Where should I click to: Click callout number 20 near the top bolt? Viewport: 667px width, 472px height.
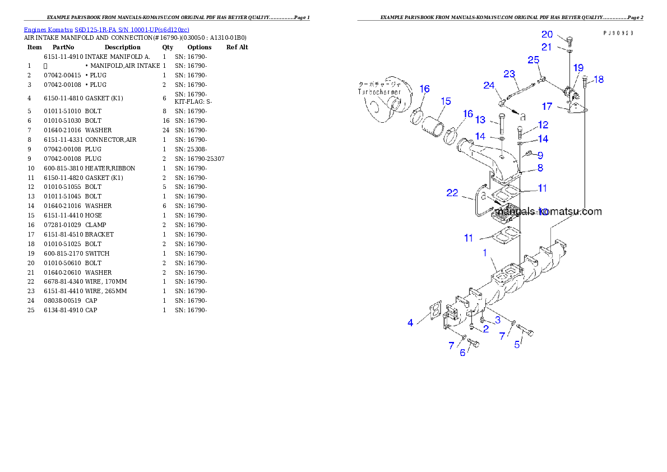tap(547, 35)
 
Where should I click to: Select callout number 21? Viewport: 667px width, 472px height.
tap(546, 47)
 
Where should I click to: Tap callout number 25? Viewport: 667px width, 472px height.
tap(534, 59)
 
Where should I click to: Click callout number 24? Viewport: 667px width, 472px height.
tap(489, 85)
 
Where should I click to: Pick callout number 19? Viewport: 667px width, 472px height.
tap(578, 68)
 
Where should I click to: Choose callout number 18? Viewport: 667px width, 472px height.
tap(599, 80)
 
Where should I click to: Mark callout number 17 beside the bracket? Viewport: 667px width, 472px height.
tap(547, 106)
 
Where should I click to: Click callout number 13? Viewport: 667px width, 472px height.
tap(480, 120)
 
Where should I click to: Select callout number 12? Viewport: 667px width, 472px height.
tap(543, 125)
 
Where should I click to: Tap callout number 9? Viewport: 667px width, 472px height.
tap(540, 155)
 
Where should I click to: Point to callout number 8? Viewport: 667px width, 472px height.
tap(540, 168)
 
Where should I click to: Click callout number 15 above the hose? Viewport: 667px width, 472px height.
tap(446, 101)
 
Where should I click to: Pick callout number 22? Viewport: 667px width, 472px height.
tap(452, 193)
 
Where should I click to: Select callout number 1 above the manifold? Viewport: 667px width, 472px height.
tap(485, 253)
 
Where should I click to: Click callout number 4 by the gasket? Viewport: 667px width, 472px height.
tap(410, 322)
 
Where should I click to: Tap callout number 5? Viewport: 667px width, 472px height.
tap(517, 344)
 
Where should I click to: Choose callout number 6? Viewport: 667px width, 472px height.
tap(462, 353)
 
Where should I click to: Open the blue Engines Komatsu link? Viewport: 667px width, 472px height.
tap(106, 29)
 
